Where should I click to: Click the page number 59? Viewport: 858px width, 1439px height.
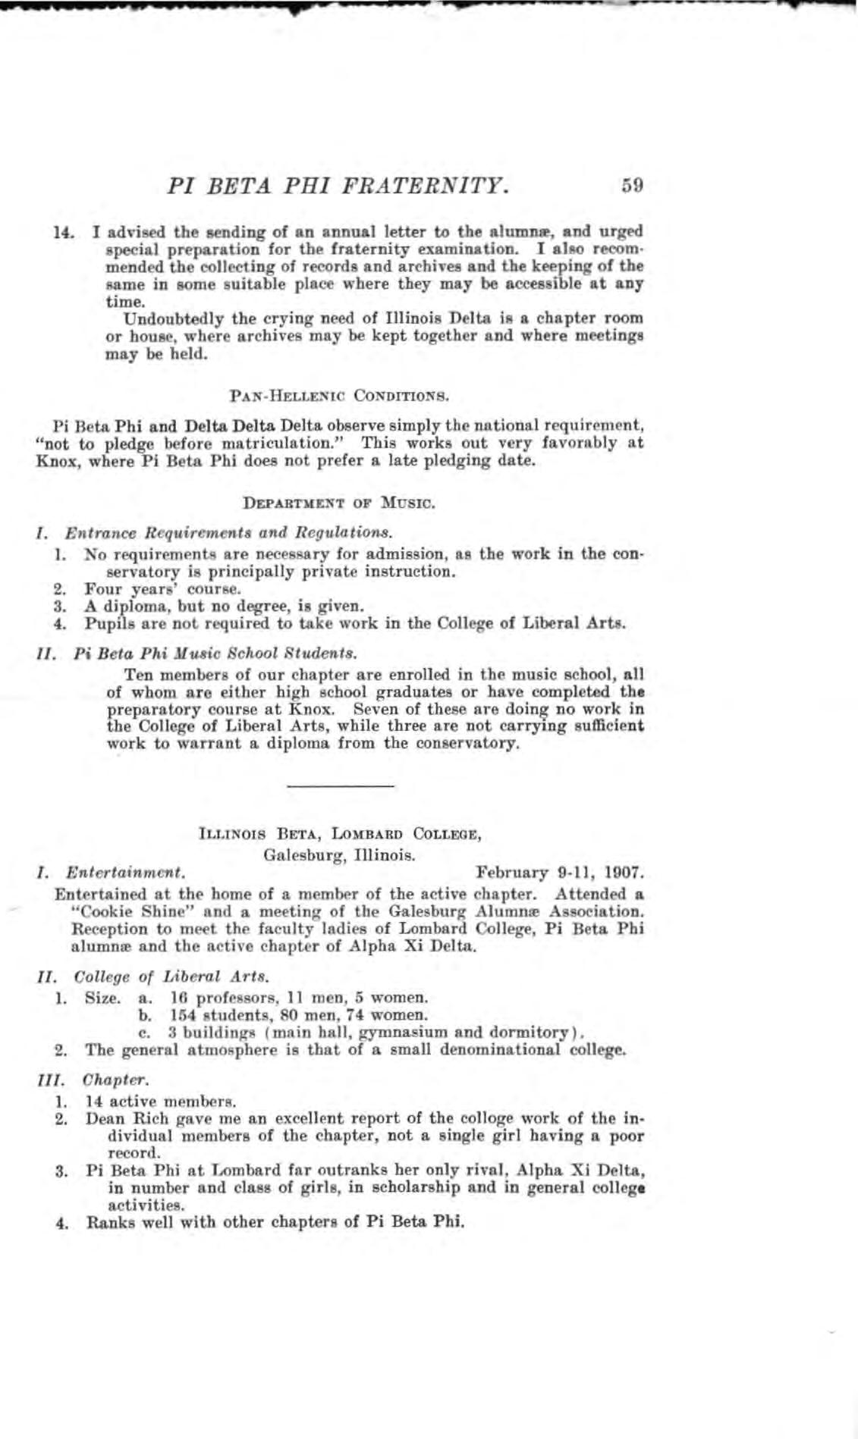point(632,184)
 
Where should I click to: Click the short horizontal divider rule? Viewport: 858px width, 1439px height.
point(341,786)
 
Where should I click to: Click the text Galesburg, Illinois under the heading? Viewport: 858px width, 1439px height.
point(339,855)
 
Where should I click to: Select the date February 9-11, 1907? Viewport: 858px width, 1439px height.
point(559,873)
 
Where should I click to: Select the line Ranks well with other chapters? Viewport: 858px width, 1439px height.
point(275,1222)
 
